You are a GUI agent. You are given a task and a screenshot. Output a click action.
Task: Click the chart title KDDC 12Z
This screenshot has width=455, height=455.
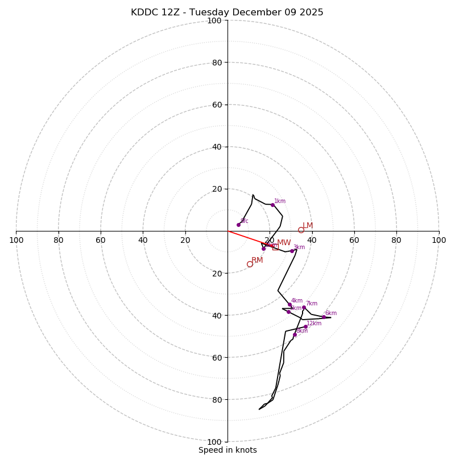click(227, 13)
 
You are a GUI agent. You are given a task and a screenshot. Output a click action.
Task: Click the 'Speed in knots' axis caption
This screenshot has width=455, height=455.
click(227, 450)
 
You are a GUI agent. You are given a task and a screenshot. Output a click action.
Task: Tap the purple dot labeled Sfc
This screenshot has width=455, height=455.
click(238, 225)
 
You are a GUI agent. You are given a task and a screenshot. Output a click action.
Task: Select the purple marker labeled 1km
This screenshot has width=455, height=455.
click(272, 205)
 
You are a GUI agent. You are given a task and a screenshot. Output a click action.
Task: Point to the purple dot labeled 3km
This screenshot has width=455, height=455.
click(292, 251)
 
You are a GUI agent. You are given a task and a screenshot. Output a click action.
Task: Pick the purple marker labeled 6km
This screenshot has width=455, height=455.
click(324, 317)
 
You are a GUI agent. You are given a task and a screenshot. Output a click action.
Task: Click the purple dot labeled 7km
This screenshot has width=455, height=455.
click(304, 307)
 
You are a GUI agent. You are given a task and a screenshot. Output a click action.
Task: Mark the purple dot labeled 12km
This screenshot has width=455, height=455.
click(305, 327)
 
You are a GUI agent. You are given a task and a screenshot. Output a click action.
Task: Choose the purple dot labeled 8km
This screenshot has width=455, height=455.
click(295, 334)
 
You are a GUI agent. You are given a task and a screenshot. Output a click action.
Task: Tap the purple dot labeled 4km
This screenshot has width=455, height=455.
click(289, 304)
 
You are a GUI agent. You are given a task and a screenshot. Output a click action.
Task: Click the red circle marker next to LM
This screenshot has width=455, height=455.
click(301, 230)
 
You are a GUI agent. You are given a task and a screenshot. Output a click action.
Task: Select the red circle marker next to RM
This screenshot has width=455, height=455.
click(250, 264)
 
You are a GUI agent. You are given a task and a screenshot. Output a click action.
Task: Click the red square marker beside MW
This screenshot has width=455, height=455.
click(275, 247)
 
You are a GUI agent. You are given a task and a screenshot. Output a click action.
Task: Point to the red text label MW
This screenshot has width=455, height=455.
click(284, 243)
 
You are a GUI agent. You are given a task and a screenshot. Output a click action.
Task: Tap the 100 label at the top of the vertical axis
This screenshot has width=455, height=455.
click(214, 21)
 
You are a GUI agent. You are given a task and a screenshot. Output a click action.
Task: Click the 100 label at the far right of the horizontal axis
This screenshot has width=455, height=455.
click(439, 240)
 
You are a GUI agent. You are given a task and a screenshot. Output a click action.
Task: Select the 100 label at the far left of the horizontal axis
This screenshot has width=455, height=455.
click(16, 240)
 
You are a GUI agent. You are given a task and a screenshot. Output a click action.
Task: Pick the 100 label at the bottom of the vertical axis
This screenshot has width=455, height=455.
click(214, 442)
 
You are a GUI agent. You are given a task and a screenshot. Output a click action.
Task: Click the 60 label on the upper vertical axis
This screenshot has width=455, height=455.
click(217, 105)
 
